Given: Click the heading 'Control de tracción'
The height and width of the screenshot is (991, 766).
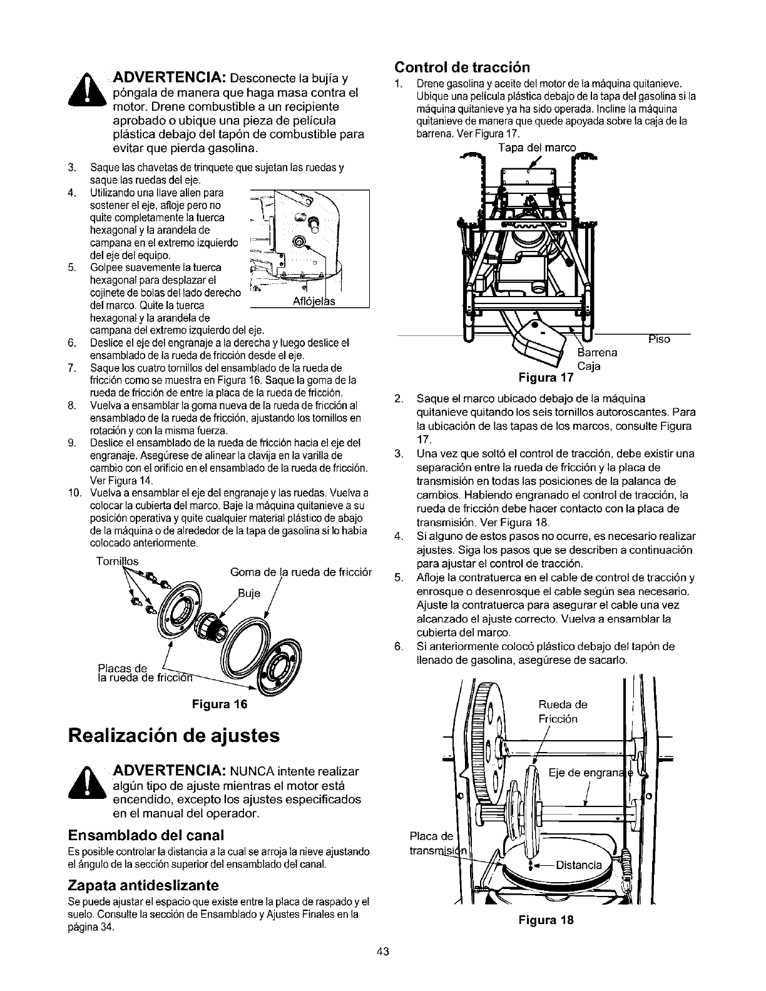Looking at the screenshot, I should click(462, 67).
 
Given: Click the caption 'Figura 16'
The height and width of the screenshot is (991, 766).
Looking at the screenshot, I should click(223, 704).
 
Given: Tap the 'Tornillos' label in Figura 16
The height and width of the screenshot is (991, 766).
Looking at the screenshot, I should click(117, 561).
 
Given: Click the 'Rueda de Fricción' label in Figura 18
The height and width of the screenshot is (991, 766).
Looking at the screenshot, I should click(563, 711).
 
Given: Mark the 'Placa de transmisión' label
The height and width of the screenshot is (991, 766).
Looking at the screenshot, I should click(434, 844).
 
